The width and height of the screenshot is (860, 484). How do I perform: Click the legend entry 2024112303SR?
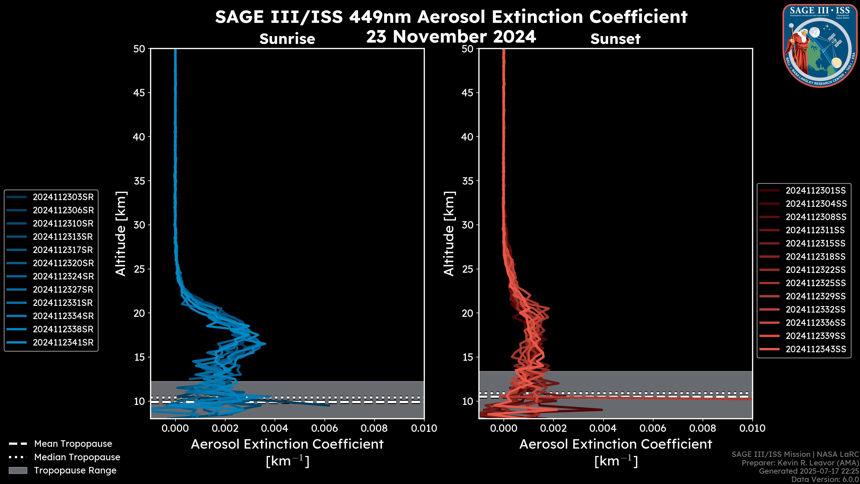[63, 197]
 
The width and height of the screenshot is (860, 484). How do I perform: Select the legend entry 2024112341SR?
[63, 342]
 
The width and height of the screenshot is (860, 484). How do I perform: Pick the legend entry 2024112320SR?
[63, 263]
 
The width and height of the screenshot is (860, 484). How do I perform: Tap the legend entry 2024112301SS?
[816, 190]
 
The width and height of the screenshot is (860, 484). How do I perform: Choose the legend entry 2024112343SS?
[816, 349]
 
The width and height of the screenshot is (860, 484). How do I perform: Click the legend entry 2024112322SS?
[816, 270]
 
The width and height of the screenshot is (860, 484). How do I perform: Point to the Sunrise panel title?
[287, 39]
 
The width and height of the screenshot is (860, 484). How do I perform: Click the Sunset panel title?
[615, 39]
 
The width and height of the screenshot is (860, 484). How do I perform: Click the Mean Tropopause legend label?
[73, 444]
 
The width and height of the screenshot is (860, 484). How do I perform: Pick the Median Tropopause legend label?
[77, 457]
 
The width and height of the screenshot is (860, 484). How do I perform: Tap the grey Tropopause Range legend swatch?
[18, 471]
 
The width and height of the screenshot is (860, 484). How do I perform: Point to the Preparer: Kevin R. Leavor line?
[800, 463]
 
